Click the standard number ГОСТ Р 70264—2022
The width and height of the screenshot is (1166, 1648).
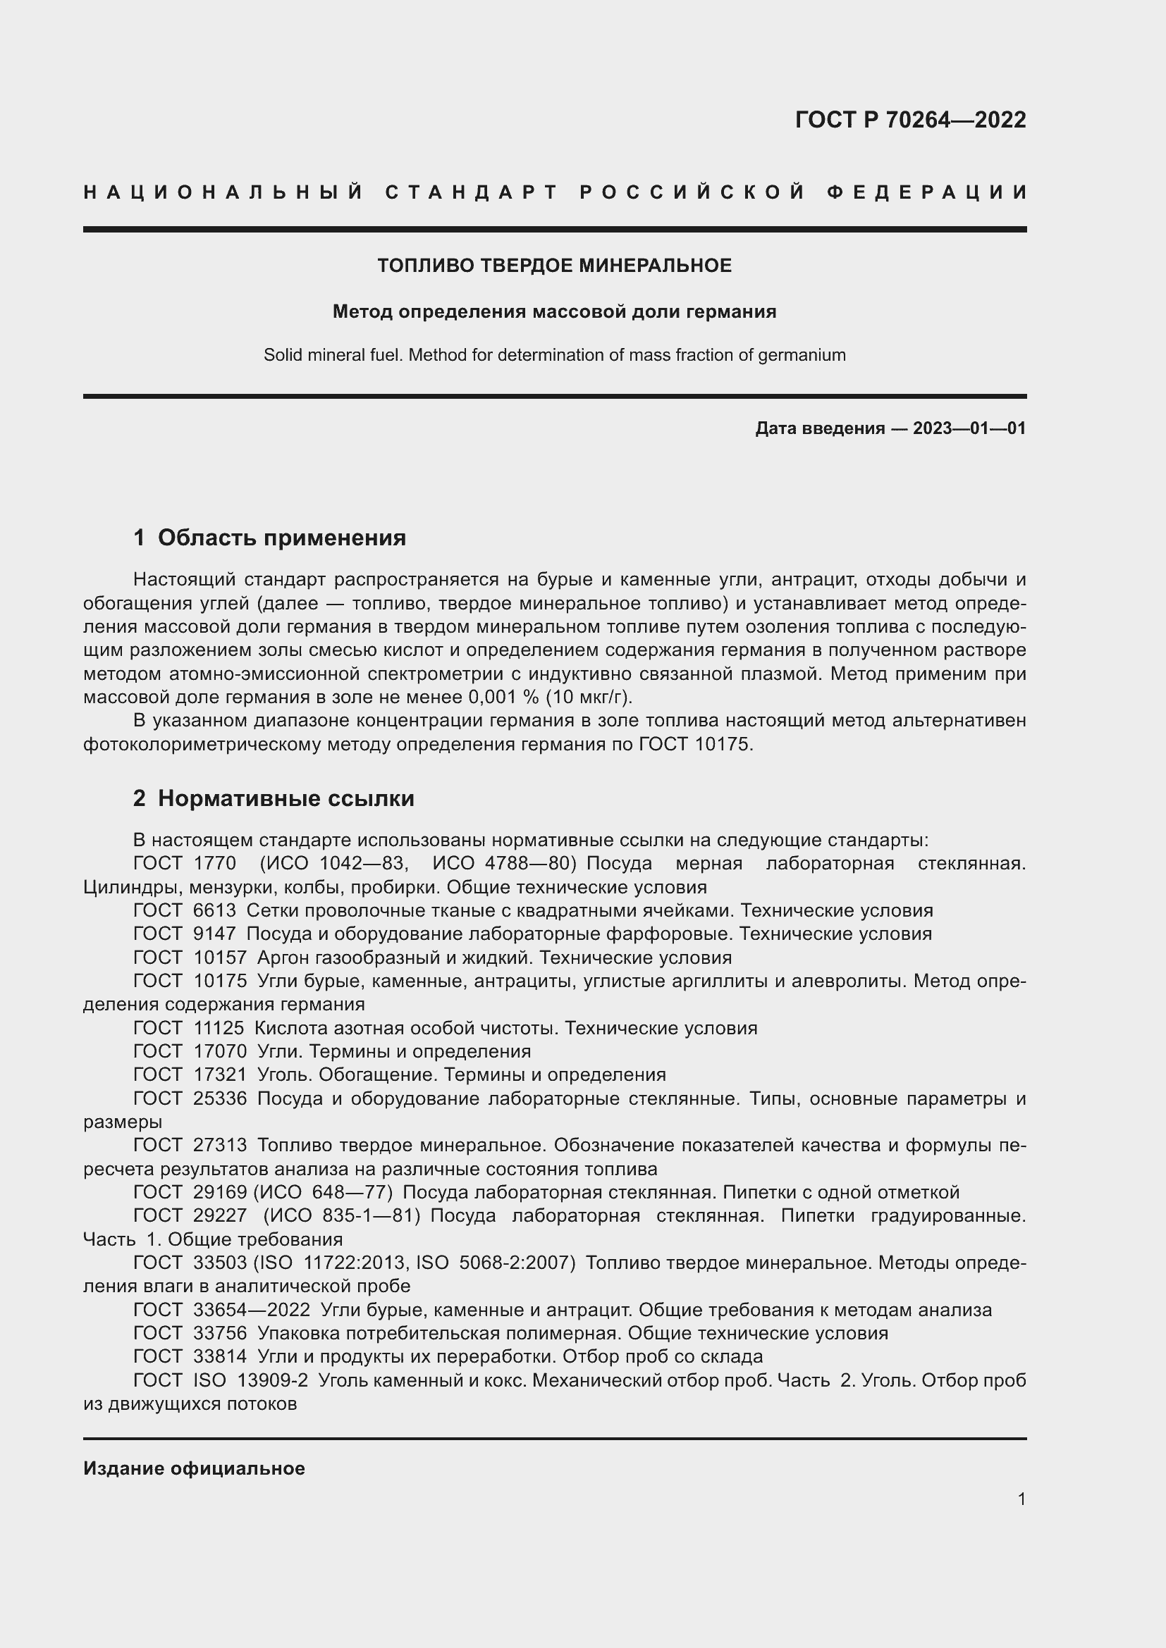pyautogui.click(x=910, y=120)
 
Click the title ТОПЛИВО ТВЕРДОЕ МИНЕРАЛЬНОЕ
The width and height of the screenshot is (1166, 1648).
pyautogui.click(x=554, y=266)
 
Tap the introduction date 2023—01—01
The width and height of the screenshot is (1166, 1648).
pyautogui.click(x=969, y=428)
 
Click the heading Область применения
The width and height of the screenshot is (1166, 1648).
pyautogui.click(x=281, y=538)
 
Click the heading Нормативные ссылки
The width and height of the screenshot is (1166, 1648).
pyautogui.click(x=286, y=798)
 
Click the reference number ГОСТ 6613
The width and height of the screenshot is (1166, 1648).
pyautogui.click(x=185, y=910)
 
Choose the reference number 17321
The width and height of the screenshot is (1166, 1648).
pyautogui.click(x=220, y=1074)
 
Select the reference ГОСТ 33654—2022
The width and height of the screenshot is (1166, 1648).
pyautogui.click(x=221, y=1310)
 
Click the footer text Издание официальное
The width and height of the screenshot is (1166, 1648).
pyautogui.click(x=194, y=1468)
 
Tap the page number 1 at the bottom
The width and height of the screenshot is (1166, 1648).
pyautogui.click(x=1021, y=1499)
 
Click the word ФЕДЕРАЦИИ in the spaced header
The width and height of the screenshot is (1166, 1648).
pyautogui.click(x=927, y=192)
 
